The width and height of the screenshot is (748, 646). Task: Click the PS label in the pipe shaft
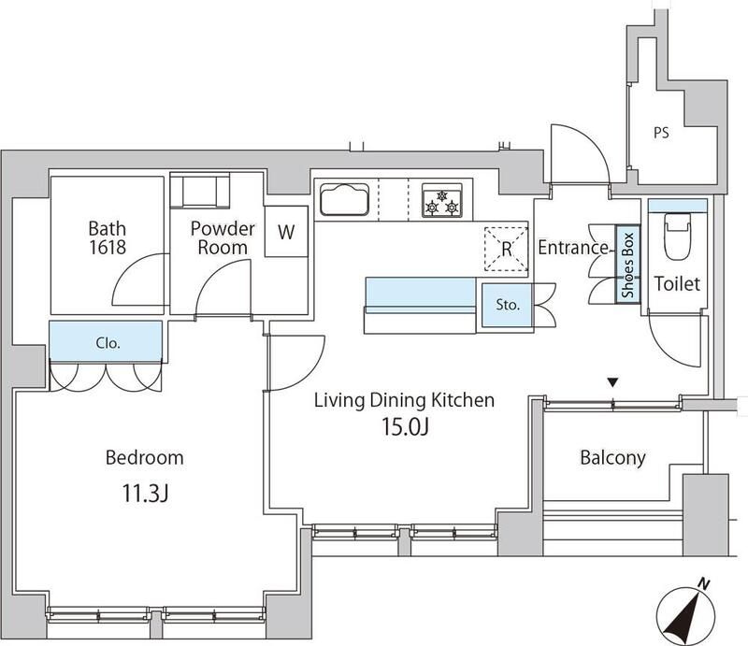click(661, 133)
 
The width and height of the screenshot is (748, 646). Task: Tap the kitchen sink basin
click(344, 199)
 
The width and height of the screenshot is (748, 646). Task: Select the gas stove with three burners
click(442, 200)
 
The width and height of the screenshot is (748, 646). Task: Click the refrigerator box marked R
click(506, 249)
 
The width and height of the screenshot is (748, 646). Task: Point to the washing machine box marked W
click(286, 232)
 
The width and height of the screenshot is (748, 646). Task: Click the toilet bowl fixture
click(677, 237)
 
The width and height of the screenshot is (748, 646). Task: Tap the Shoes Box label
click(627, 265)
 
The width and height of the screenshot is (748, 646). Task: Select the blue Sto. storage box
click(507, 306)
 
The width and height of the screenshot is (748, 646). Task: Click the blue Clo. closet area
click(106, 341)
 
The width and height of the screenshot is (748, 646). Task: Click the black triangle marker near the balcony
click(613, 382)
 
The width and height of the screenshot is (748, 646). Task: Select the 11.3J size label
click(146, 493)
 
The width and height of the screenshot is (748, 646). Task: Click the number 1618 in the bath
click(108, 247)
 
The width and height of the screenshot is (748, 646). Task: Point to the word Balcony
click(613, 457)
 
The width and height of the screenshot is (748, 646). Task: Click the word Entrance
click(573, 247)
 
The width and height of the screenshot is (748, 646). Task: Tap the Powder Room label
click(223, 237)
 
